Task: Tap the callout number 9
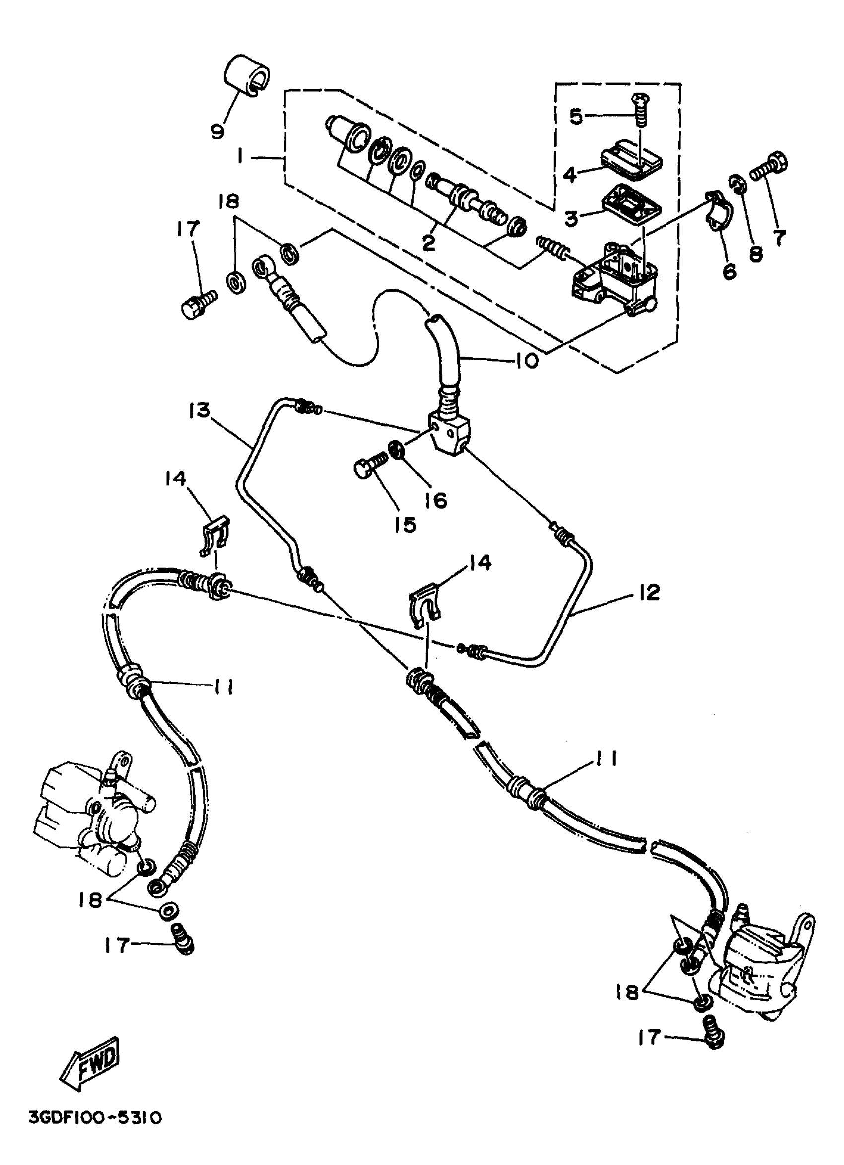click(x=218, y=132)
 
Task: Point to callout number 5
click(x=576, y=117)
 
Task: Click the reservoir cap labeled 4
click(x=631, y=163)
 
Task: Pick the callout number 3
click(x=571, y=218)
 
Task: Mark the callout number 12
click(x=650, y=592)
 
